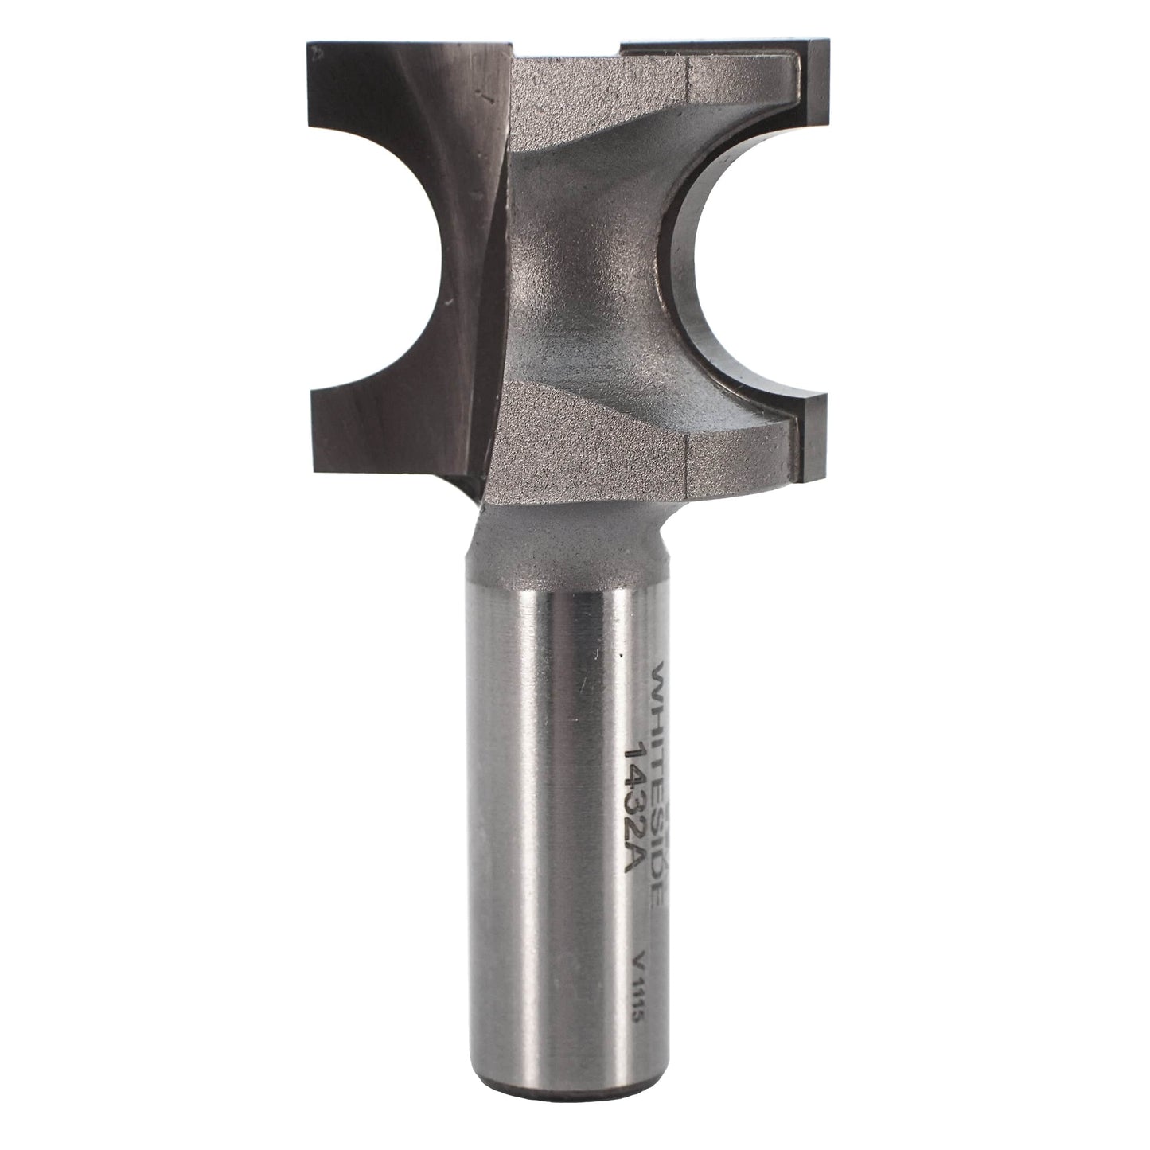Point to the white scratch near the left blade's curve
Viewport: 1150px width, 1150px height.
pos(451,302)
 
